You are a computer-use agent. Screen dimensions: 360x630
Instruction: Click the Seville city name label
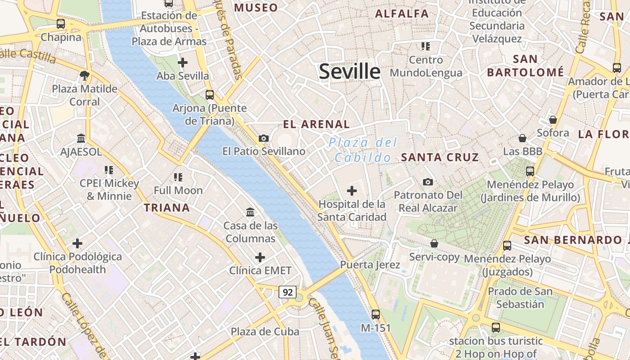(350, 72)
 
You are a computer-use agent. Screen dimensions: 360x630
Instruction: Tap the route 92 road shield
(288, 292)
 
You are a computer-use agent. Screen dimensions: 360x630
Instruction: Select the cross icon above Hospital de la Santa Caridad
(352, 191)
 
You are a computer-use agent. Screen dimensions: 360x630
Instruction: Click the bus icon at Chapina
(60, 24)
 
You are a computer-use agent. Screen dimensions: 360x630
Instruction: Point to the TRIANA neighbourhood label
(166, 208)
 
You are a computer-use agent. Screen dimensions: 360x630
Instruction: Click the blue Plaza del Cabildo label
(363, 150)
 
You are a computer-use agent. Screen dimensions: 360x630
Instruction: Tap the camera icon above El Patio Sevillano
(264, 138)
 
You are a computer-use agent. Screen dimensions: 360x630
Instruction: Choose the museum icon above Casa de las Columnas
(250, 212)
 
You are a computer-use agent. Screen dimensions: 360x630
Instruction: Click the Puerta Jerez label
(370, 265)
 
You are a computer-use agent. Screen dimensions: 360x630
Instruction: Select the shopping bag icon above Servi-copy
(434, 243)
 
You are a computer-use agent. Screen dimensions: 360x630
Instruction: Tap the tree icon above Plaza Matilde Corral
(84, 75)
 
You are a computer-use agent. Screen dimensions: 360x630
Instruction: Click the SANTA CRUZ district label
(440, 157)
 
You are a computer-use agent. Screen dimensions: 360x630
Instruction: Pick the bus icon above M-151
(376, 315)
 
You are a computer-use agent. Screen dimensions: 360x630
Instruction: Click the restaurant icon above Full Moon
(178, 177)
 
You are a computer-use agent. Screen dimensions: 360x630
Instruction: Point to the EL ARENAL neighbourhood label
(316, 125)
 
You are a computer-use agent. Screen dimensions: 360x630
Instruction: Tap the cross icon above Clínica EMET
(260, 257)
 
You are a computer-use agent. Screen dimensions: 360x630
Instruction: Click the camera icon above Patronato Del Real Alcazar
(428, 182)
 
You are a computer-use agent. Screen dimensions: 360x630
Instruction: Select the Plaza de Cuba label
(265, 332)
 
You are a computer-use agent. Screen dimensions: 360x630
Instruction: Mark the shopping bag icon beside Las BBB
(522, 138)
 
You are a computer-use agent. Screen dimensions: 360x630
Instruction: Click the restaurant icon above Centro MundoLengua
(426, 46)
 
